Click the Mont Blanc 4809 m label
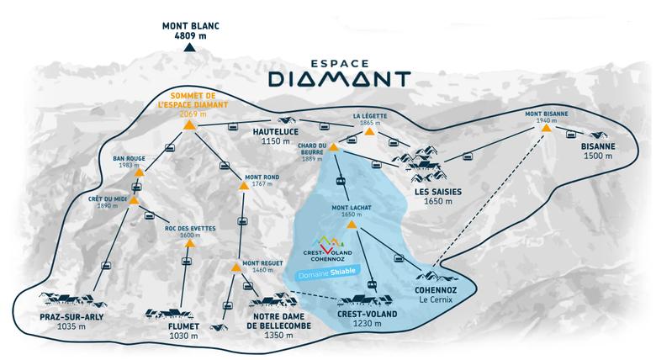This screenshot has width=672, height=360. [x=191, y=31]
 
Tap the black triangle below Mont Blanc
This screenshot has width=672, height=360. [x=191, y=49]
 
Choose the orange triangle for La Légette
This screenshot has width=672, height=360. [x=368, y=133]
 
